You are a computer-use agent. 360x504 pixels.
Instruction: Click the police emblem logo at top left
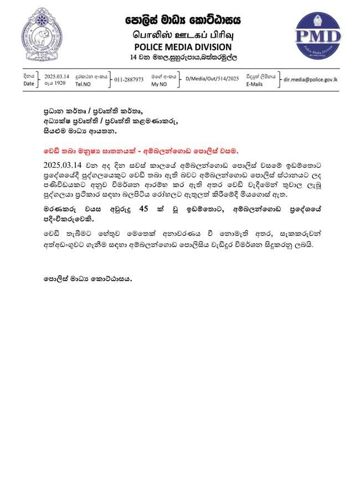(42, 35)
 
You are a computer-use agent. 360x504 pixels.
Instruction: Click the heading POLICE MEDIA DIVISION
(182, 46)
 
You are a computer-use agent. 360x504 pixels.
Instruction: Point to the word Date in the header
(29, 84)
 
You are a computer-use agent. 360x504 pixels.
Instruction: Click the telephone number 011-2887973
(129, 80)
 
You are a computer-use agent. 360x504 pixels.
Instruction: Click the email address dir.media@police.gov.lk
(310, 79)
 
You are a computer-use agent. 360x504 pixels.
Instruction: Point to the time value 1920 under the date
(58, 84)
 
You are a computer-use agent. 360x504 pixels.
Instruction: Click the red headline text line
(140, 151)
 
